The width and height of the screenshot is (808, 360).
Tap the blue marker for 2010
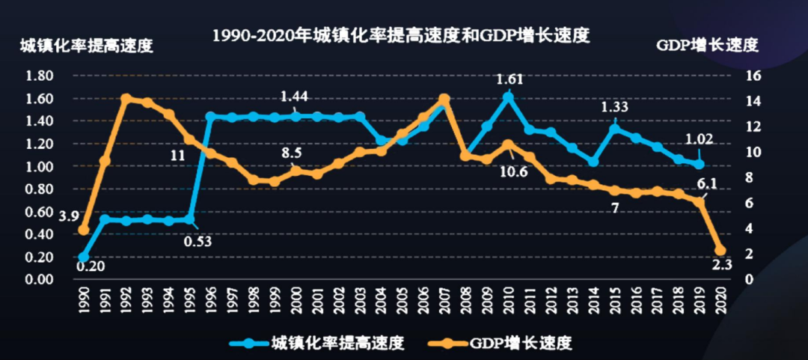click(509, 97)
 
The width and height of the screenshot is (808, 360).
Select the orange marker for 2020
click(720, 251)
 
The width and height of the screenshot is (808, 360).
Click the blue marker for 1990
click(84, 257)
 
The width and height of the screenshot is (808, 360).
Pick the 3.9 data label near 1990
click(69, 216)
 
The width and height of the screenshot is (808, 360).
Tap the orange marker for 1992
click(126, 99)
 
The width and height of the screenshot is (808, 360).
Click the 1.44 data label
click(294, 97)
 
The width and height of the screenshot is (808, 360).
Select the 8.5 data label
click(293, 153)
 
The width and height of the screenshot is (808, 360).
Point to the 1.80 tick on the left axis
click(38, 76)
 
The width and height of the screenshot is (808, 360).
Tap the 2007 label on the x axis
click(444, 296)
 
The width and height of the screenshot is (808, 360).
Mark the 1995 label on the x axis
click(190, 296)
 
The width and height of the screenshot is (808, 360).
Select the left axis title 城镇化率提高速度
click(86, 45)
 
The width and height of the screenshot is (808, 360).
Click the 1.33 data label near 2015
click(616, 108)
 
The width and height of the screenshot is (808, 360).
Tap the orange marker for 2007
click(444, 99)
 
